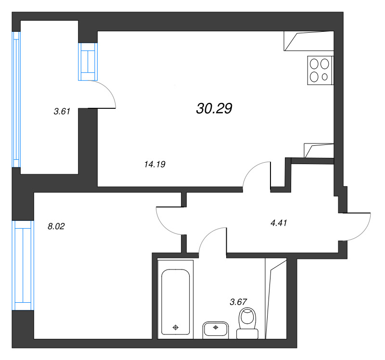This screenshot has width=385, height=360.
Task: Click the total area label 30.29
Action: (214, 109)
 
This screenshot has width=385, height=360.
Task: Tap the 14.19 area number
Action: (154, 164)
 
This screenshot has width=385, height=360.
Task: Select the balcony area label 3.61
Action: (62, 112)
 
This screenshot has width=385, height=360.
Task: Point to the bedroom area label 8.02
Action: (56, 226)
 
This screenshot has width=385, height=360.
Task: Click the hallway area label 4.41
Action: (279, 223)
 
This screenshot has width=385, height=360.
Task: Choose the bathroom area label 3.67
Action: (238, 302)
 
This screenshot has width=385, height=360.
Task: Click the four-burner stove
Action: (320, 70)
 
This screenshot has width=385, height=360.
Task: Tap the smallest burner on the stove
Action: (324, 77)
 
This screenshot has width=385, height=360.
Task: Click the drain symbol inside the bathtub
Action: (176, 327)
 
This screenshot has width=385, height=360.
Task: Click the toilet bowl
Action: (247, 318)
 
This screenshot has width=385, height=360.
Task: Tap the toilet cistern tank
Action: (247, 334)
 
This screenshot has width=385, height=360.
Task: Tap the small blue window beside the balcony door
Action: (88, 62)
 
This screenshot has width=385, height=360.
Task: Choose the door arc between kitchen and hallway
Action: (251, 169)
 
